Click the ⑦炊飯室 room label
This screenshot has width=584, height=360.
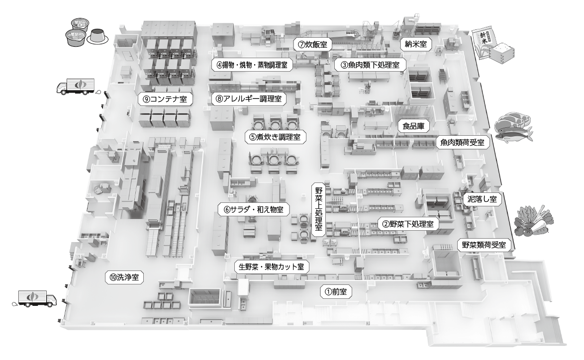(312, 44)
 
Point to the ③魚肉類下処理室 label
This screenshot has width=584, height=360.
(370, 65)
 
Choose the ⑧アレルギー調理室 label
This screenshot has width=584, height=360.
(249, 98)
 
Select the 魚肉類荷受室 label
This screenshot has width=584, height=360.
(462, 142)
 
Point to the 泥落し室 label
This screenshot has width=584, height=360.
(481, 199)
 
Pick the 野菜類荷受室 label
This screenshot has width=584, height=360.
(484, 245)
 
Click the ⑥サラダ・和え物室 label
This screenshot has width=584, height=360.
(254, 209)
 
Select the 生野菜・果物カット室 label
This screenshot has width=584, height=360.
(272, 267)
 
